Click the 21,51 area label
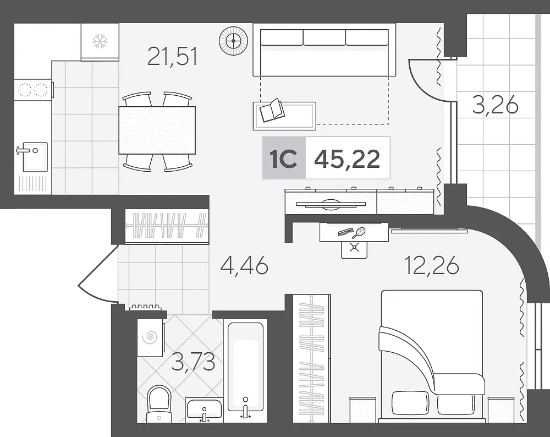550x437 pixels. pyautogui.click(x=172, y=57)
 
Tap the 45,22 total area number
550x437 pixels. pyautogui.click(x=347, y=159)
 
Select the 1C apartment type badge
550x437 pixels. pyautogui.click(x=283, y=159)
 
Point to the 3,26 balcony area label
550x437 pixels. pyautogui.click(x=496, y=105)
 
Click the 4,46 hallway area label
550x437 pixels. pyautogui.click(x=244, y=265)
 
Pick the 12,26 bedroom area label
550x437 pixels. pyautogui.click(x=431, y=265)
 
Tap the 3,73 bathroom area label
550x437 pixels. pyautogui.click(x=193, y=362)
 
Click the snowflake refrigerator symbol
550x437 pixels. pyautogui.click(x=100, y=41)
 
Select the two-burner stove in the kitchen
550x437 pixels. pyautogui.click(x=33, y=90)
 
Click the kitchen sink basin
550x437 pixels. pyautogui.click(x=35, y=157)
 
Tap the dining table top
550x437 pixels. pyautogui.click(x=157, y=130)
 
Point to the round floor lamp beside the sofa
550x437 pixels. pyautogui.click(x=233, y=41)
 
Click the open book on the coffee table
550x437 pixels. pyautogui.click(x=272, y=110)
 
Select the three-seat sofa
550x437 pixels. pyautogui.click(x=324, y=53)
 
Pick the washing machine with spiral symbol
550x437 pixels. pyautogui.click(x=151, y=337)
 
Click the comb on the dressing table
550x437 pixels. pyautogui.click(x=345, y=232)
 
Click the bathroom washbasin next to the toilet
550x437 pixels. pyautogui.click(x=204, y=409)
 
